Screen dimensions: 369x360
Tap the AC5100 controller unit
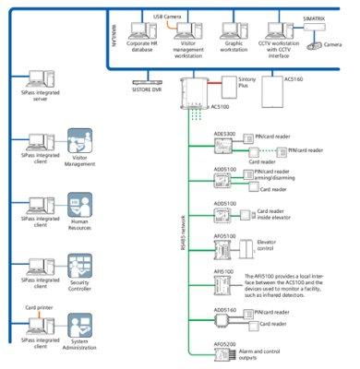196,95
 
